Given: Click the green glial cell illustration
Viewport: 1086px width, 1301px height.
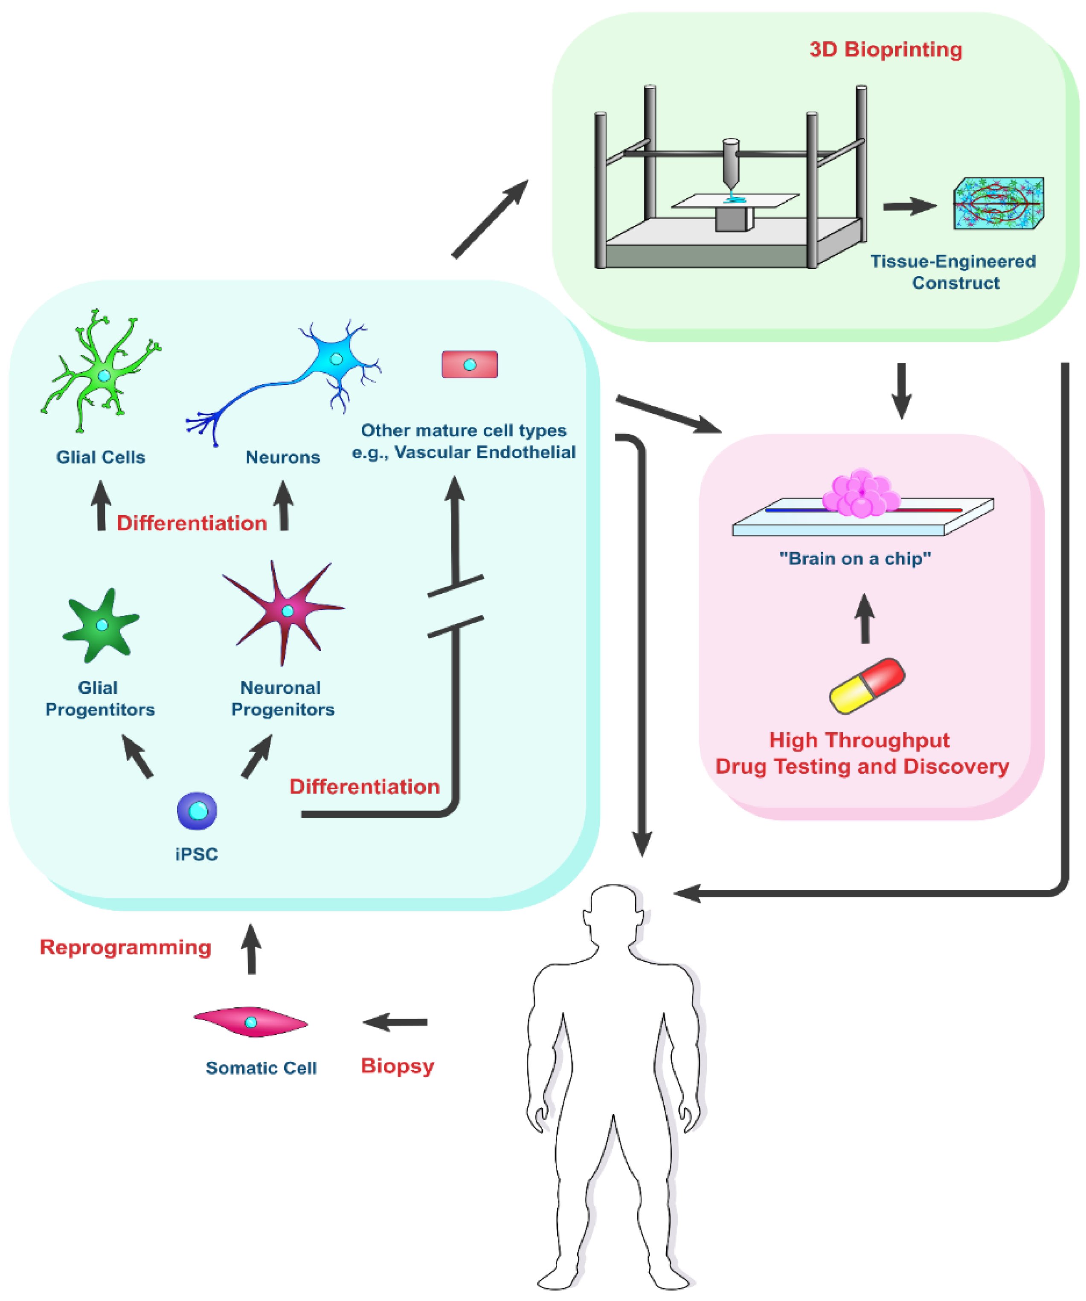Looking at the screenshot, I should tap(104, 375).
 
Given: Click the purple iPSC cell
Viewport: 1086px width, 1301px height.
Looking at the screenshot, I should tap(197, 810).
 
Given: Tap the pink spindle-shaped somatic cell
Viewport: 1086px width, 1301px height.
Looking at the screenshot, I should tap(251, 1022).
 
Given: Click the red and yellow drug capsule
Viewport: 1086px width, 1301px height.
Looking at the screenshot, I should tap(867, 685).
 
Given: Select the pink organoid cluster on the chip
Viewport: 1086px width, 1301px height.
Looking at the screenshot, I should tap(861, 493).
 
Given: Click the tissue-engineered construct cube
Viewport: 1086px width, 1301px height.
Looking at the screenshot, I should tap(998, 203).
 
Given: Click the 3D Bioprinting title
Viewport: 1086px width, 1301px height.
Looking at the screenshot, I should tap(886, 49).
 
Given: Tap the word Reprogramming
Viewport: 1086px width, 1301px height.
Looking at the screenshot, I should tap(126, 947).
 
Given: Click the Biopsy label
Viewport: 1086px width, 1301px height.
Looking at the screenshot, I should tap(397, 1066).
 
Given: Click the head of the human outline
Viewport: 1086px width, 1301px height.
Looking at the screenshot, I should tap(613, 911).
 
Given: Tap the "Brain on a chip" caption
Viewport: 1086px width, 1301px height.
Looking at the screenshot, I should tap(855, 559).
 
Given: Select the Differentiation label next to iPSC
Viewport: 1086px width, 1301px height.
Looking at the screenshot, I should tap(364, 787).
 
